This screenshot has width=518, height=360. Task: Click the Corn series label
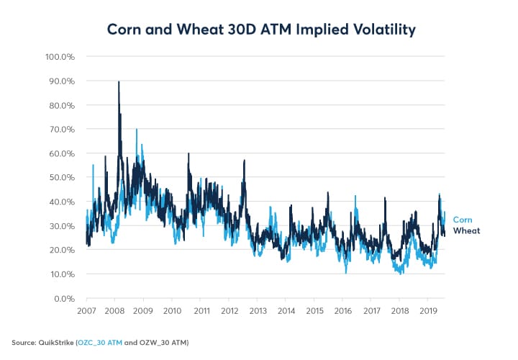(462, 220)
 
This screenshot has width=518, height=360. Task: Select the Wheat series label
(465, 230)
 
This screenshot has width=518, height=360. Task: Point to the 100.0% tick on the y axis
(61, 56)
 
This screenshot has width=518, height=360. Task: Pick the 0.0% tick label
(65, 298)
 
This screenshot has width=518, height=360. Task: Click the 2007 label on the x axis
(86, 310)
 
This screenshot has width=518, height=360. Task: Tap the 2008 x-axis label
(115, 310)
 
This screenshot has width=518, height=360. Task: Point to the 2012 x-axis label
(229, 310)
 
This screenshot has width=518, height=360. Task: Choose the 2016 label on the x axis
(342, 310)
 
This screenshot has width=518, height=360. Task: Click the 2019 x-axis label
(428, 310)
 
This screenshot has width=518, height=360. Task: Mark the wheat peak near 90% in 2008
(119, 82)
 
